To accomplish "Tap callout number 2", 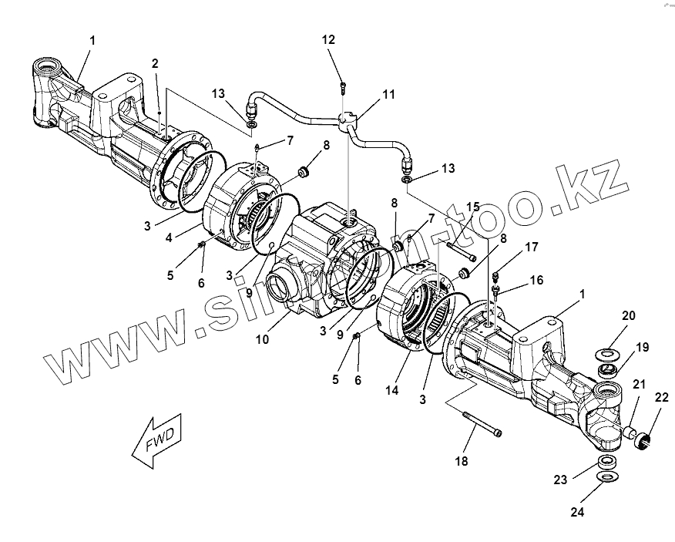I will click(x=155, y=62).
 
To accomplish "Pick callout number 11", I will click(x=388, y=94).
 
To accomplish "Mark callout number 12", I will click(x=329, y=39).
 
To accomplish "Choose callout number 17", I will click(x=532, y=247).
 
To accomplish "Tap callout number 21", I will click(x=639, y=385).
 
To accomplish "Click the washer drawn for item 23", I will click(x=609, y=462).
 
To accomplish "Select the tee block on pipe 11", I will click(x=350, y=119).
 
